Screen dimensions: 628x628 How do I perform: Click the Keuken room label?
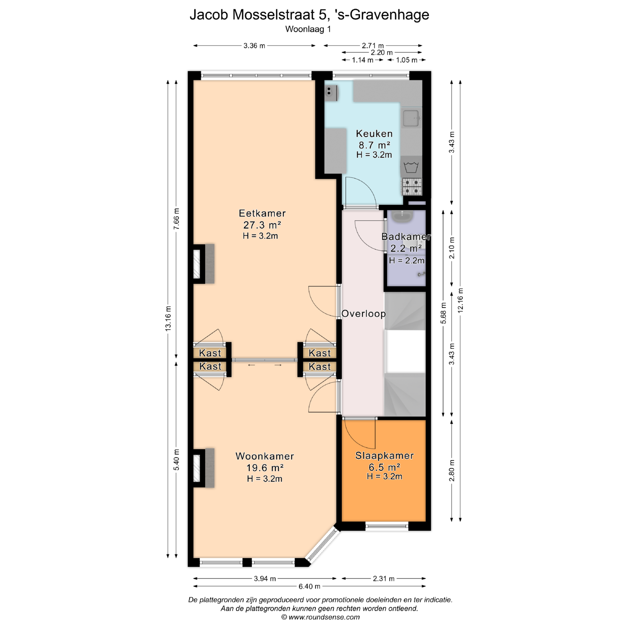(x=374, y=133)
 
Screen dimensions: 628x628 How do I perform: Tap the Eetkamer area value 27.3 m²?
(x=262, y=225)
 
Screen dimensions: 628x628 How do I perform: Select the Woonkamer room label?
(x=265, y=456)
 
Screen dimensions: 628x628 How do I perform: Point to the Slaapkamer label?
(x=385, y=456)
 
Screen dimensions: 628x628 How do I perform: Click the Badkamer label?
(x=406, y=236)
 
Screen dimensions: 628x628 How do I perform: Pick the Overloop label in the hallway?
(x=364, y=314)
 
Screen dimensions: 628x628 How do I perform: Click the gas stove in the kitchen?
(x=412, y=186)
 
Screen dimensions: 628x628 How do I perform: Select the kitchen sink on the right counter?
(x=411, y=118)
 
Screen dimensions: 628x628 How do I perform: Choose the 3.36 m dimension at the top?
(x=254, y=46)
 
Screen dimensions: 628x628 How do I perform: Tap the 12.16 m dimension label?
(x=460, y=300)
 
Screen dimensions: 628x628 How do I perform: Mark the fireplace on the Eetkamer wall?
(x=203, y=264)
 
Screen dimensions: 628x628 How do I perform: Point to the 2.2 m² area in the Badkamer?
(x=406, y=248)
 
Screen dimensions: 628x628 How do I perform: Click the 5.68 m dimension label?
(x=443, y=313)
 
